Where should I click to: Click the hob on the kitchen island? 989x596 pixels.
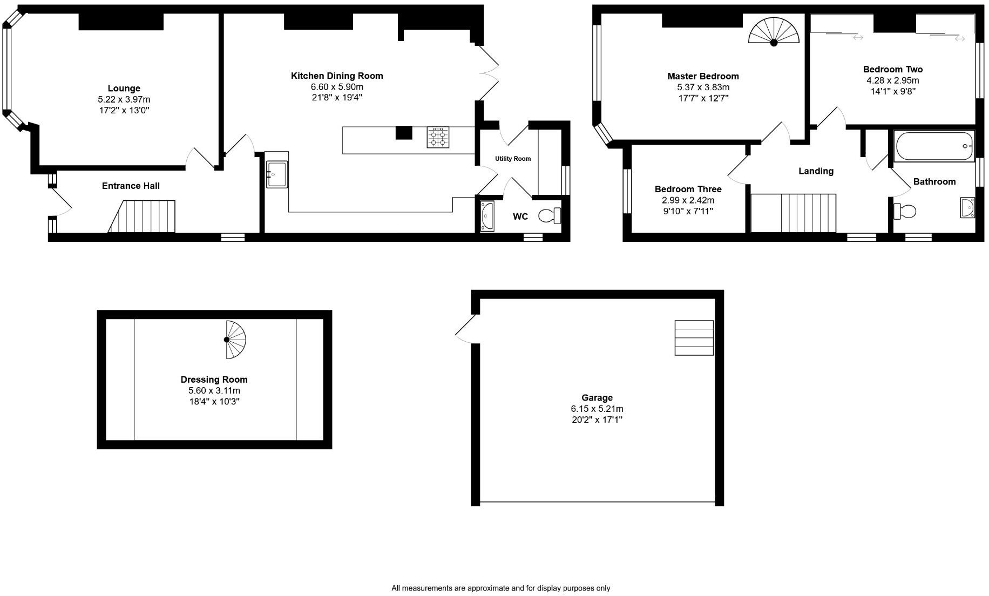click(438, 137)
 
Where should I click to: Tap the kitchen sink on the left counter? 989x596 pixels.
click(277, 174)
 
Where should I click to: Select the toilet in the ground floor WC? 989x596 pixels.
click(550, 216)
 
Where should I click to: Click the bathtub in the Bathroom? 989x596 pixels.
click(933, 146)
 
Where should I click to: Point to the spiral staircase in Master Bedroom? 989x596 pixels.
click(774, 31)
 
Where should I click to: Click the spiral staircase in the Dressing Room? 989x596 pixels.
click(235, 340)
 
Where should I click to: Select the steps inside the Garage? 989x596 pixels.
click(694, 338)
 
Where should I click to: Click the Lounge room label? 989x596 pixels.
click(124, 89)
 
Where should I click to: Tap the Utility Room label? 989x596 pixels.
click(513, 159)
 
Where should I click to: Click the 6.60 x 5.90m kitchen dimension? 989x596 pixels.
click(337, 87)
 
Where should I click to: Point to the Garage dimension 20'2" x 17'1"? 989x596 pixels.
click(597, 419)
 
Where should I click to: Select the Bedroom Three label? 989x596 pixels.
click(688, 189)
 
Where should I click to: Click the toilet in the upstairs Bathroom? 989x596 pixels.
click(905, 211)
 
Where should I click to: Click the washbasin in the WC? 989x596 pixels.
click(487, 216)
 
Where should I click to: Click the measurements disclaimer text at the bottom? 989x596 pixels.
click(500, 588)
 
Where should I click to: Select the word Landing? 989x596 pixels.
click(816, 171)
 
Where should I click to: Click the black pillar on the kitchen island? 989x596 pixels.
click(404, 132)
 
